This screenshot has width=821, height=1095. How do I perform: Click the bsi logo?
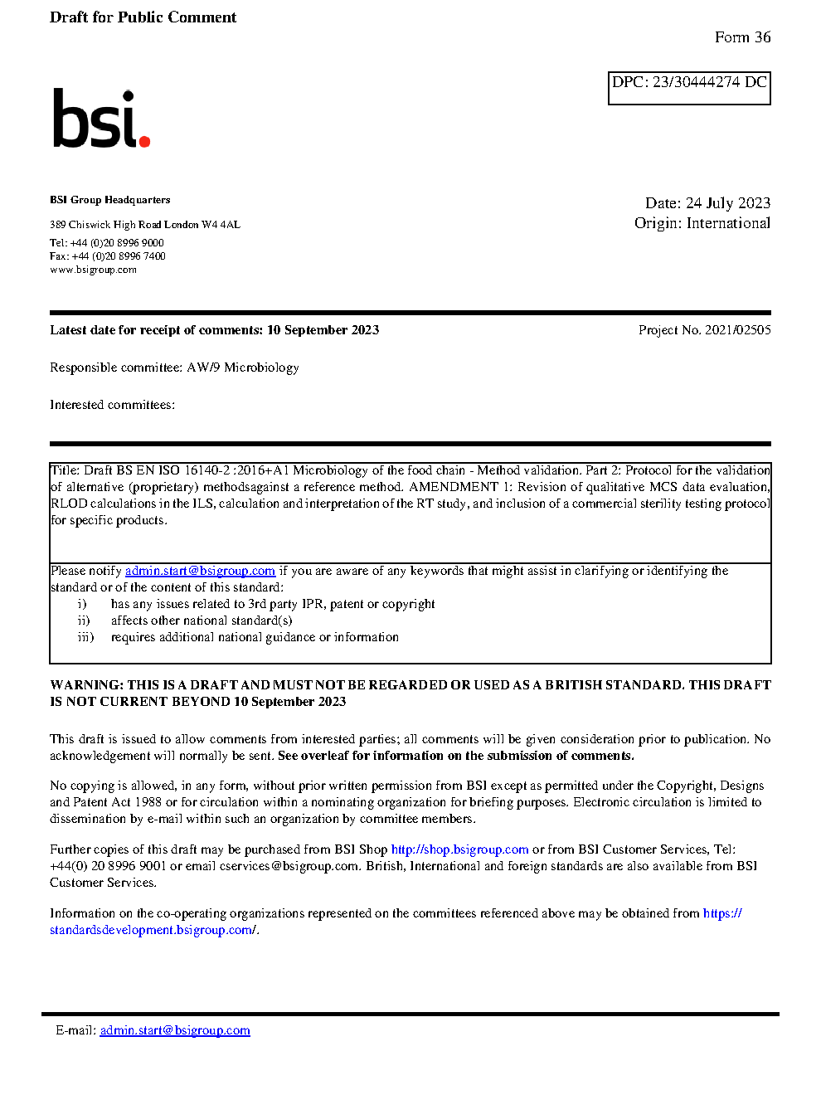(100, 119)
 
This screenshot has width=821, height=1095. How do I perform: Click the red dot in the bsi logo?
(145, 142)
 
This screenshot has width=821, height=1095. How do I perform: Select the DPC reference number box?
(689, 88)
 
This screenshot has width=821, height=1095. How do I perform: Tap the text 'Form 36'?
(742, 37)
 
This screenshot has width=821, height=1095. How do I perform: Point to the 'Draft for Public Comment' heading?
(143, 17)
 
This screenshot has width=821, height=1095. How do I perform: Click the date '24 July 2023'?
(728, 203)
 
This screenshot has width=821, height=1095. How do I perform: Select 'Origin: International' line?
(702, 223)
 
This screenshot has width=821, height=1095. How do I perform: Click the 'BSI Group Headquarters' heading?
(109, 200)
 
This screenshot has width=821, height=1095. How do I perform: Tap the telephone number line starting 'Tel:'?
(106, 243)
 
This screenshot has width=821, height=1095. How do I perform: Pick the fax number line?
(107, 256)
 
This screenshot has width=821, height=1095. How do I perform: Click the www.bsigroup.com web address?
(93, 270)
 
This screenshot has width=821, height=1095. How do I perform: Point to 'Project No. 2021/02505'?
(704, 330)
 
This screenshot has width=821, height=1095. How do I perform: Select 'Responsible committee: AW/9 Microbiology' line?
(174, 367)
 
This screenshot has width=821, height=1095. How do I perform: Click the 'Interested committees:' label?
(112, 405)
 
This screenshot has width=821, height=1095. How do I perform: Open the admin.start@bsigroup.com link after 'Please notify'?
(200, 571)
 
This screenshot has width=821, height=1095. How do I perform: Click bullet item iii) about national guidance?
(254, 637)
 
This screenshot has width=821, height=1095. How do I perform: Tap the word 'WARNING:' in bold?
(86, 685)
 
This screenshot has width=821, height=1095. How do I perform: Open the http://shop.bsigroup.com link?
(459, 849)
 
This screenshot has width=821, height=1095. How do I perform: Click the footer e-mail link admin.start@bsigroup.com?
(175, 1030)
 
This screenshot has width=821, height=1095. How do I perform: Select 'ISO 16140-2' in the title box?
(194, 470)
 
